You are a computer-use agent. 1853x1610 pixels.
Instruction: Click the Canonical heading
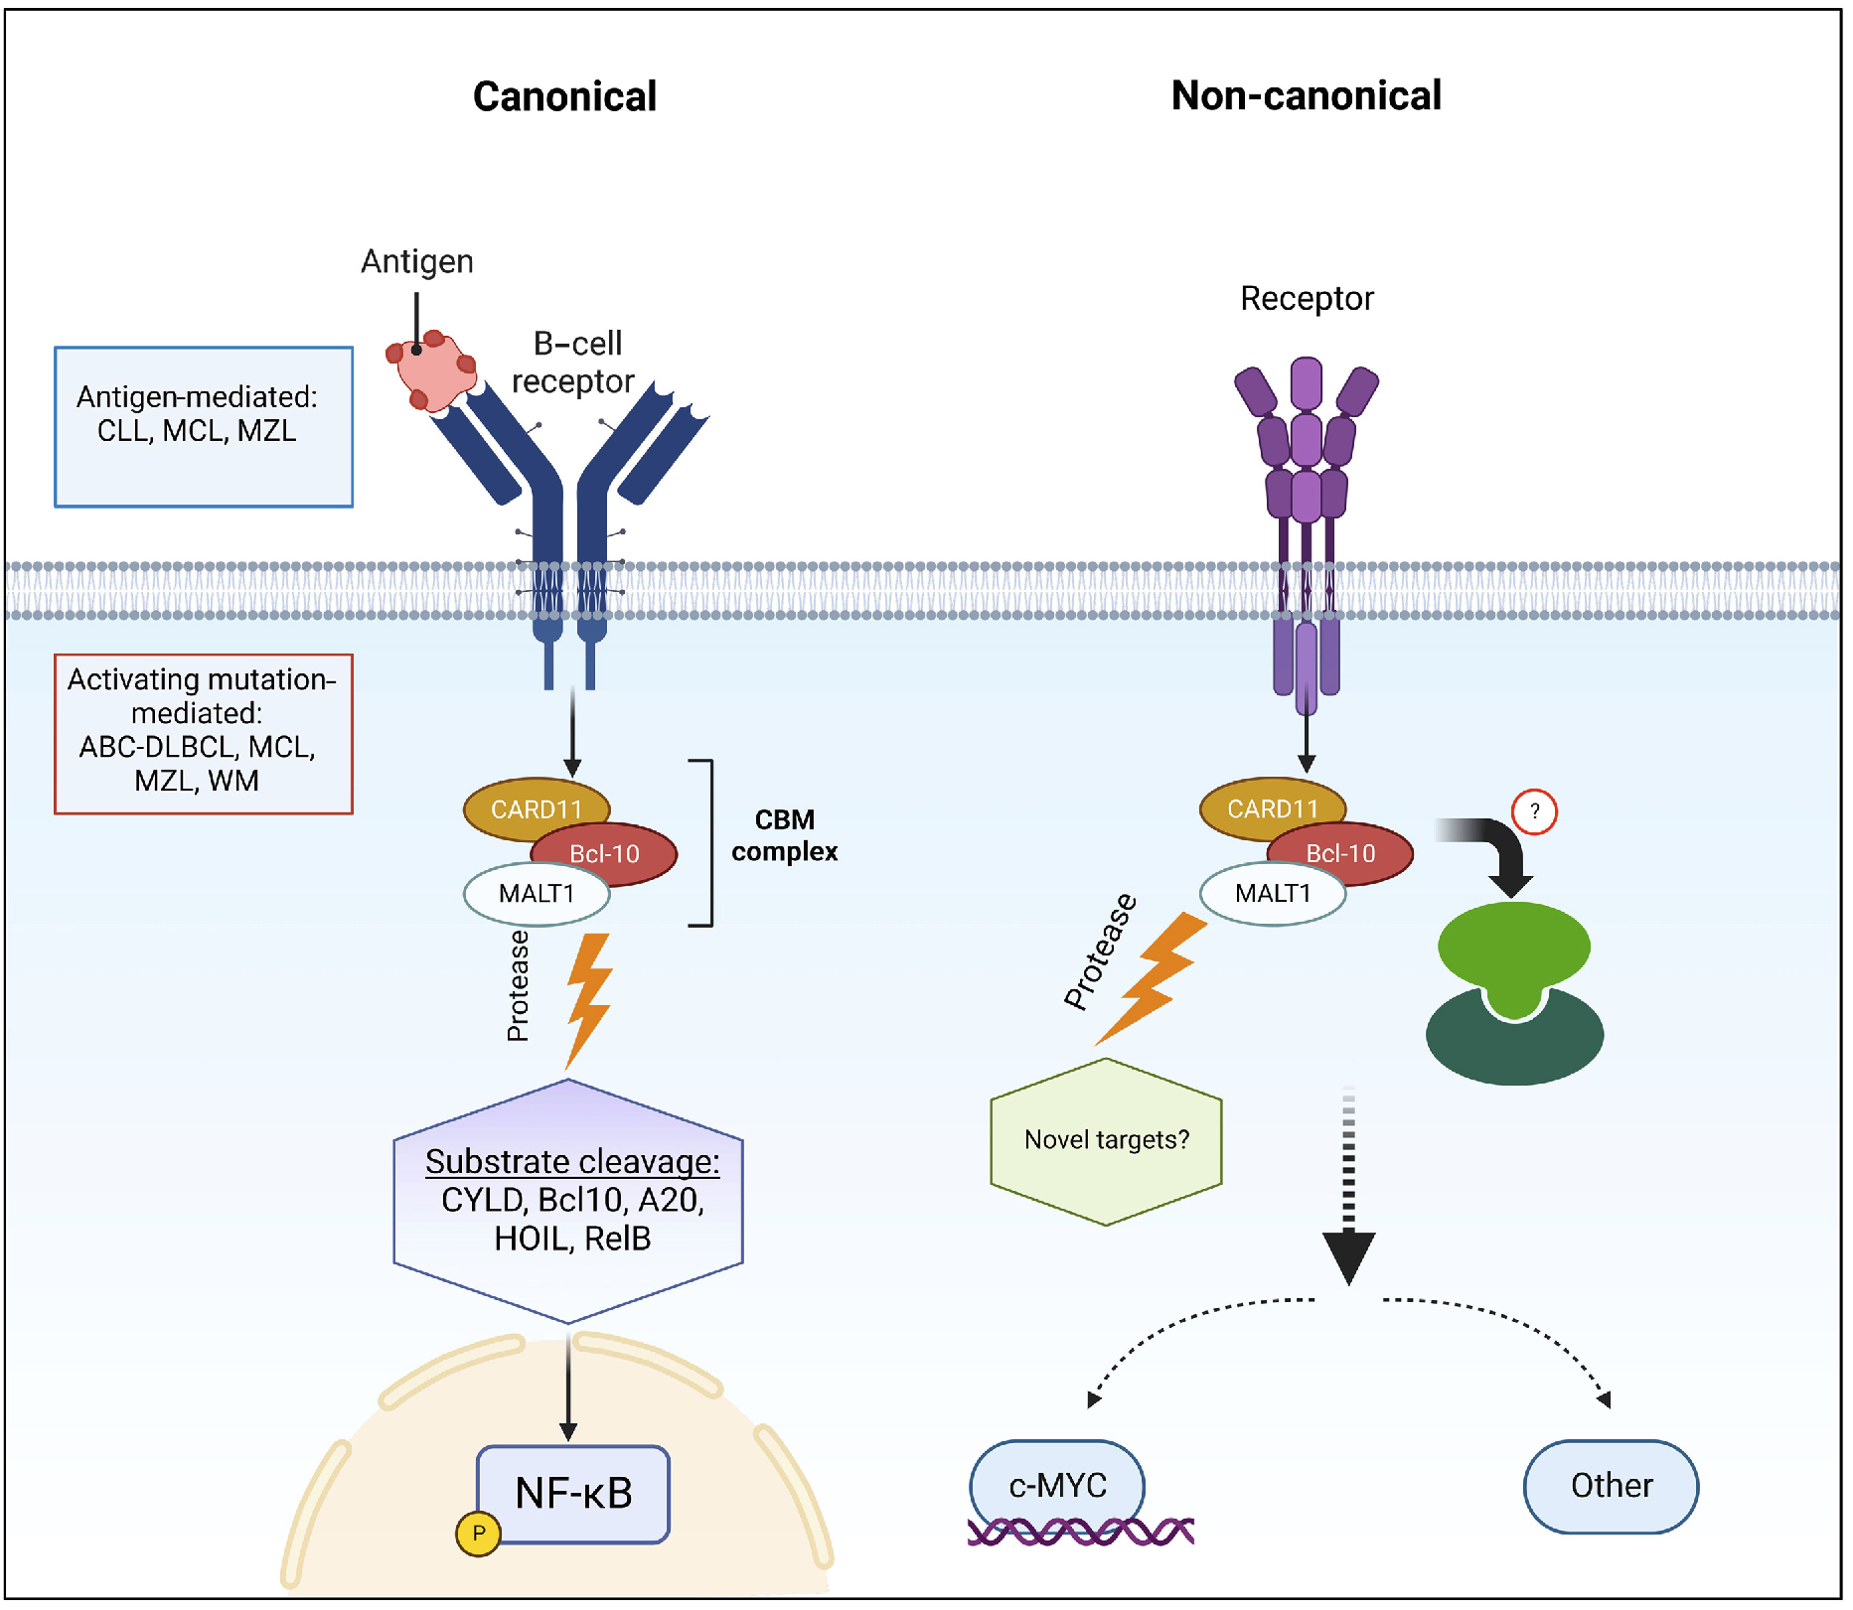(x=564, y=96)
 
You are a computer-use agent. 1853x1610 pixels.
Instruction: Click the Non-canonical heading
(x=1306, y=95)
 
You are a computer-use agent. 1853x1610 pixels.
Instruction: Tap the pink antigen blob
(x=432, y=370)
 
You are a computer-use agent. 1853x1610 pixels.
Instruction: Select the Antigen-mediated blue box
(x=204, y=427)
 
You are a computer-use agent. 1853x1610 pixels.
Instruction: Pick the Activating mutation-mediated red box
(x=204, y=733)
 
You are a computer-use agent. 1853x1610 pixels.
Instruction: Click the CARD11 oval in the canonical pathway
(x=536, y=807)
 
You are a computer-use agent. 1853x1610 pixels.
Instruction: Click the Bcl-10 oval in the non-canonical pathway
(x=1342, y=853)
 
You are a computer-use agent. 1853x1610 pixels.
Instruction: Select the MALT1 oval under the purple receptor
(x=1273, y=893)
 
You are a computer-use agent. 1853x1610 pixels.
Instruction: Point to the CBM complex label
(x=784, y=835)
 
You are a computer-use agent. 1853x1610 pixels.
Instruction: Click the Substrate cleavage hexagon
(x=569, y=1201)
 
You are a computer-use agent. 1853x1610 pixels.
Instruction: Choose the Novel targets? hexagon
(x=1106, y=1140)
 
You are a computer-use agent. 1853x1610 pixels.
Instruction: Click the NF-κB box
(x=573, y=1493)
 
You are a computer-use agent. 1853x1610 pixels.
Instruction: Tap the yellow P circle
(x=478, y=1533)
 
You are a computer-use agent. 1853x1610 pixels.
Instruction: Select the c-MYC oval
(x=1057, y=1485)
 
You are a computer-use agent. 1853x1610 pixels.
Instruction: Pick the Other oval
(x=1611, y=1485)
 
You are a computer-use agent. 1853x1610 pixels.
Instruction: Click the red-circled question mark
(x=1534, y=811)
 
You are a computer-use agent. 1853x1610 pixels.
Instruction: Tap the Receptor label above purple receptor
(x=1307, y=298)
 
